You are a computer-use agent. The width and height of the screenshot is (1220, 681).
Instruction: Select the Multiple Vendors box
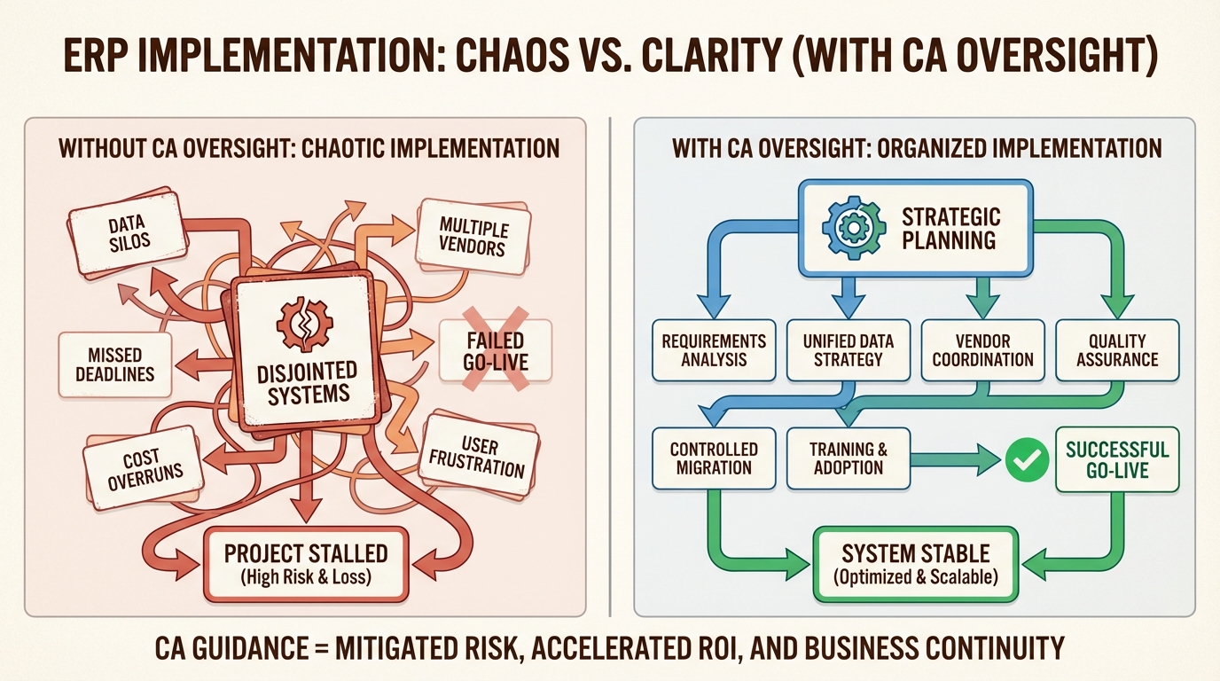pos(473,234)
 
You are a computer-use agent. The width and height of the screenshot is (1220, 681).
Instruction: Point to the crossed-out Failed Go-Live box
pos(496,351)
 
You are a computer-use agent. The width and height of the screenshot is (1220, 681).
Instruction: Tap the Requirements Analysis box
pos(714,349)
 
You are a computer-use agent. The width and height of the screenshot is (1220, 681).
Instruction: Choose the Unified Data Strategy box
pos(849,349)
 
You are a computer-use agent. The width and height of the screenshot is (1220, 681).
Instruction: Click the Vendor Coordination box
pos(983,349)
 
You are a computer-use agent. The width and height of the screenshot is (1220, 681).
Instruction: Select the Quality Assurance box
pos(1117,349)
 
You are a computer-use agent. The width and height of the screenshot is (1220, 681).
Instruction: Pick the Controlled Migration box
pos(714,458)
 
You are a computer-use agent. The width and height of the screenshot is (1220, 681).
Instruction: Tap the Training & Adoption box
pos(849,458)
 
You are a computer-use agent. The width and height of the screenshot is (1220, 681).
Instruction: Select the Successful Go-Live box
pos(1117,458)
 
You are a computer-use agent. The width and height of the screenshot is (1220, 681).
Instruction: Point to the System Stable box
pos(915,564)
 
